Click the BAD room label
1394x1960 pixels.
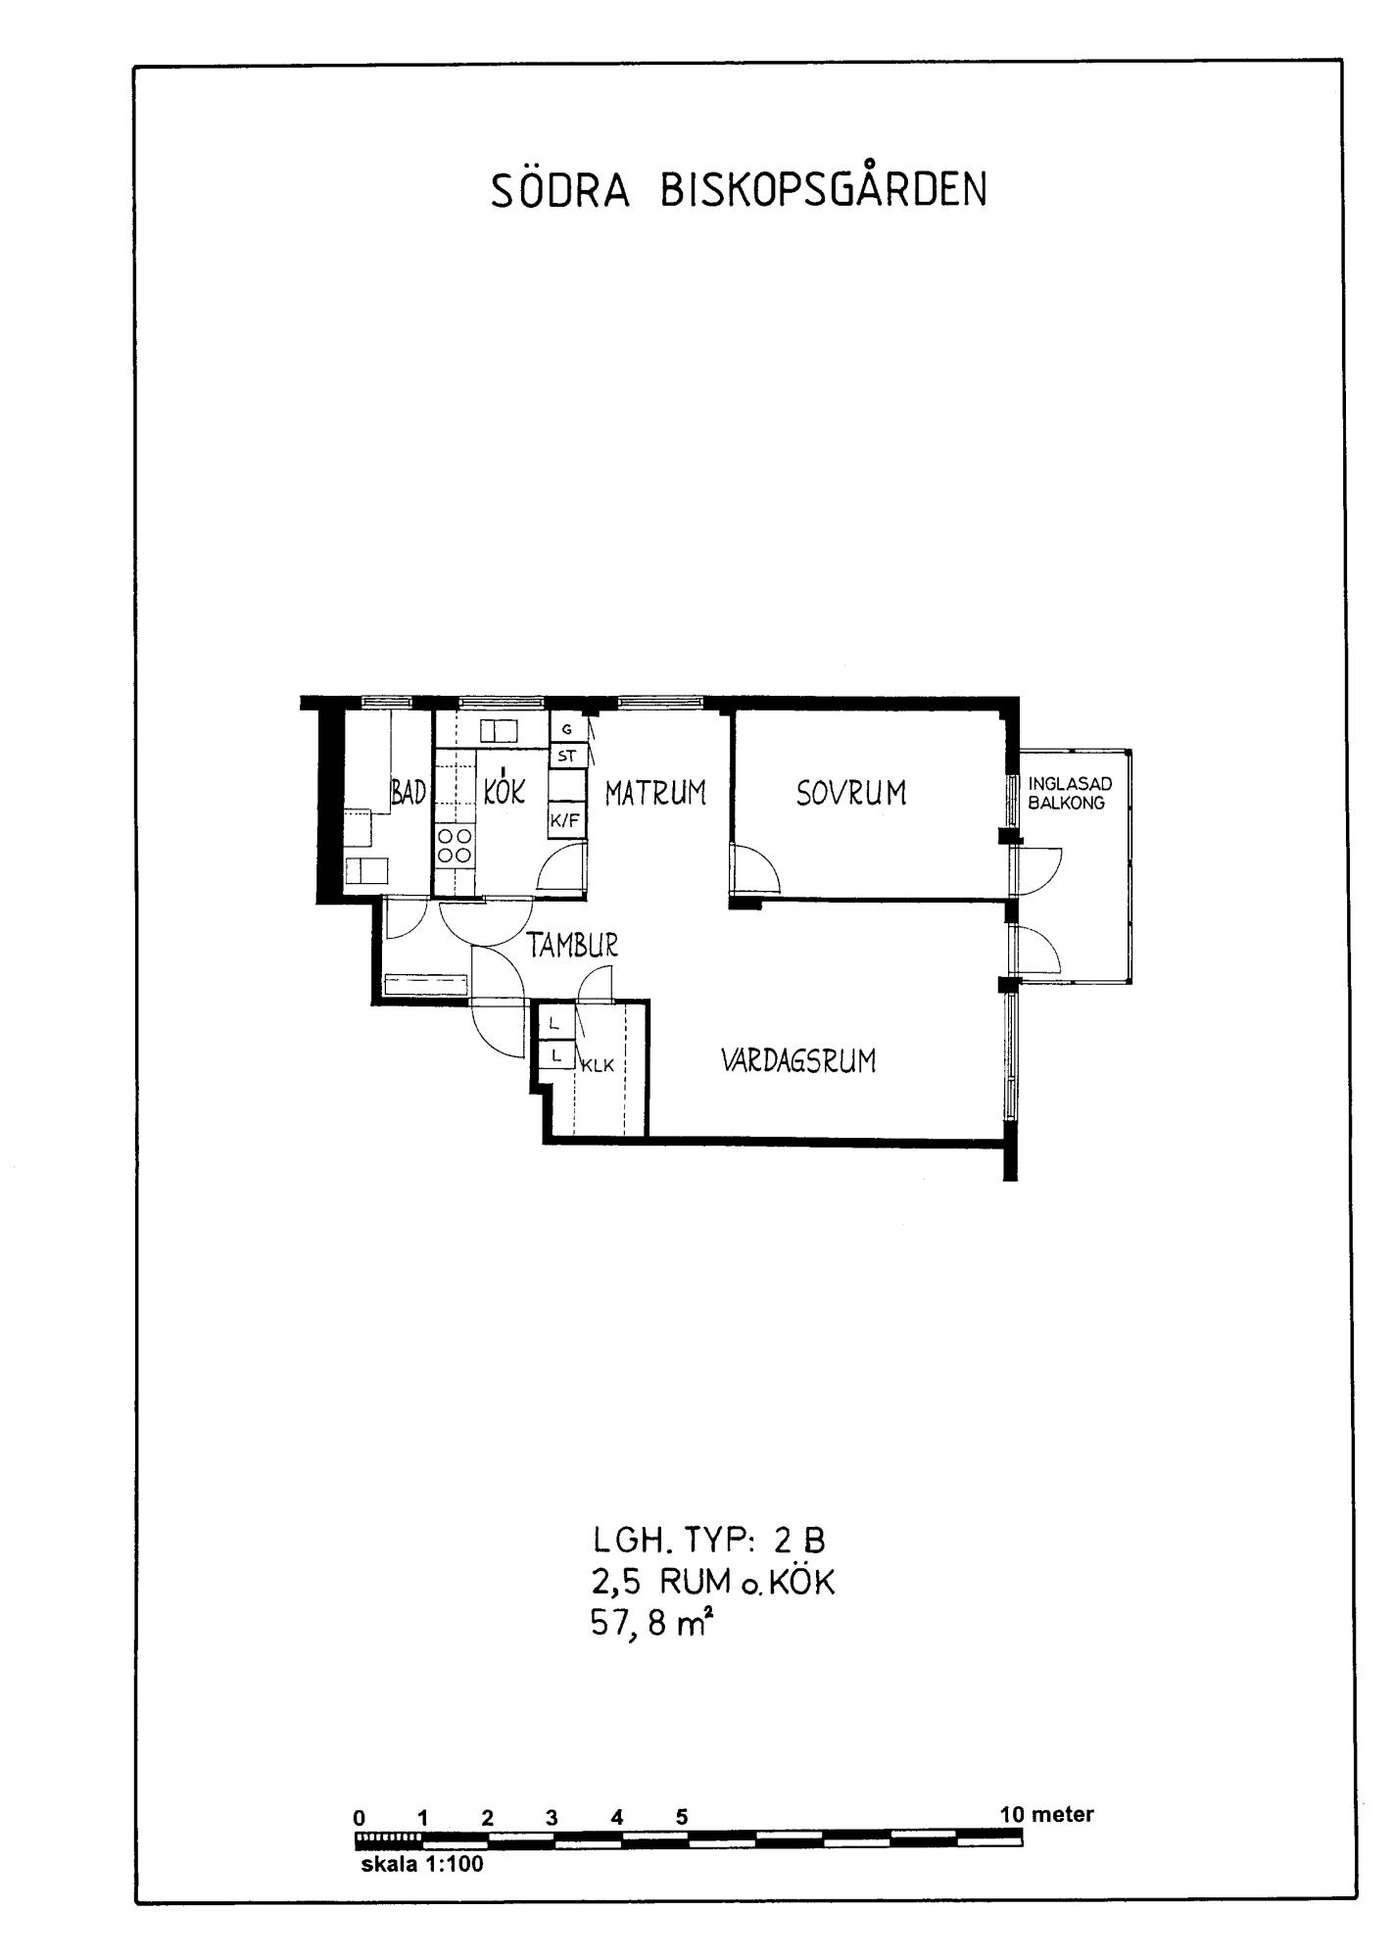pos(409,792)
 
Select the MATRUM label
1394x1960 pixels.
pos(655,792)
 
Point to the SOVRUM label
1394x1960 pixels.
pos(851,792)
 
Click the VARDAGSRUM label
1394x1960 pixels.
pos(798,1060)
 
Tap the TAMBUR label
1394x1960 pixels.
pos(573,945)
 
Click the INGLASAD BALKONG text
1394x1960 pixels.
pos(1070,794)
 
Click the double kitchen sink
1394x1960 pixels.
pos(499,731)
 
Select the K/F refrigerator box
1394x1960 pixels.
pos(566,821)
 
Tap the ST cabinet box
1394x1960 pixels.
pos(567,756)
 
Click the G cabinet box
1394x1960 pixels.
pos(567,730)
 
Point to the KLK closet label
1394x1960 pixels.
pos(598,1066)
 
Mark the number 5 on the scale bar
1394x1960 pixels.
pos(682,1817)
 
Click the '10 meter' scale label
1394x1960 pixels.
pos(1046,1814)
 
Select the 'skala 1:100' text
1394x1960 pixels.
pos(422,1864)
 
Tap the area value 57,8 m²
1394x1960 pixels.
pos(649,1624)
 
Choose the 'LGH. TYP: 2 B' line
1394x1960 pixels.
pos(709,1541)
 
